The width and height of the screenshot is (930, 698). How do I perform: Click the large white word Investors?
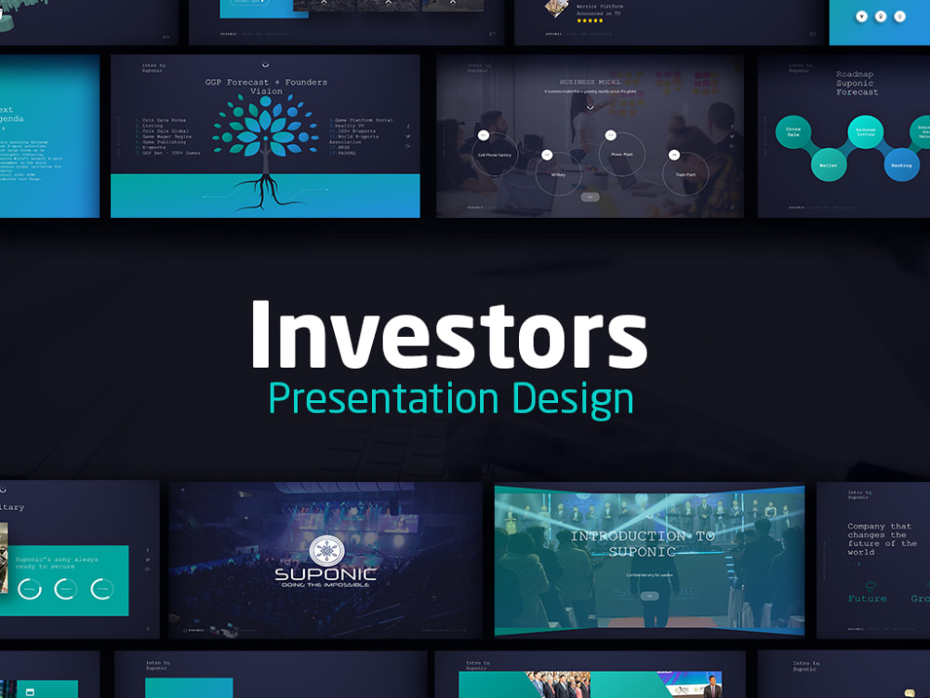pos(448,335)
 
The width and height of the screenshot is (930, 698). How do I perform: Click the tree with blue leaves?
pos(266,130)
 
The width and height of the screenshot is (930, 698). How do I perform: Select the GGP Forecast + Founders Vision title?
pos(266,87)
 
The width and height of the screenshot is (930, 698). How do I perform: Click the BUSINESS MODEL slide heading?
pos(590,83)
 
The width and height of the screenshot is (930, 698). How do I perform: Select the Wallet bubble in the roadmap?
pos(827,165)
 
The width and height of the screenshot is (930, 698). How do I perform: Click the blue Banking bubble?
pos(900,165)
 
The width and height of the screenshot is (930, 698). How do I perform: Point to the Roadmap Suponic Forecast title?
pos(857,83)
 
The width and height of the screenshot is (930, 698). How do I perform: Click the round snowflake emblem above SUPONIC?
pos(325,549)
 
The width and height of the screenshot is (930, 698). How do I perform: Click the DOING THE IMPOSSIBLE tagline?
pos(325,584)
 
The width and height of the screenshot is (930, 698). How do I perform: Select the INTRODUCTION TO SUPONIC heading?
pos(642,544)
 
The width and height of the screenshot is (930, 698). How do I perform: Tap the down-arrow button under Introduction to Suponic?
pos(649,595)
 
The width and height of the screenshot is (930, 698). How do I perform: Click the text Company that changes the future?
pos(881,539)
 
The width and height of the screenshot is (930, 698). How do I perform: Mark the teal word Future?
pos(867,598)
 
